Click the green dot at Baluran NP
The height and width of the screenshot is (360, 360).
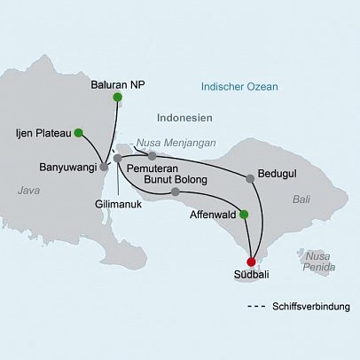pyautogui.click(x=117, y=98)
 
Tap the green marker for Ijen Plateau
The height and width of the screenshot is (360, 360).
pyautogui.click(x=78, y=133)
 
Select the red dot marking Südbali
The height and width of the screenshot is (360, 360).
pyautogui.click(x=252, y=262)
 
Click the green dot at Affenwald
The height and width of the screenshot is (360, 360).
pyautogui.click(x=245, y=214)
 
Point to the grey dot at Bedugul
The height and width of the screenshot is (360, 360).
pyautogui.click(x=250, y=179)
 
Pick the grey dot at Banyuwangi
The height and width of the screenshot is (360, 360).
pyautogui.click(x=104, y=166)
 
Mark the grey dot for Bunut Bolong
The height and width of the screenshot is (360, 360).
pyautogui.click(x=176, y=192)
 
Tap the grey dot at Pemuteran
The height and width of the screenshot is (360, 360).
pyautogui.click(x=153, y=156)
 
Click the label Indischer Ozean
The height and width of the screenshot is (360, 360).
pyautogui.click(x=239, y=87)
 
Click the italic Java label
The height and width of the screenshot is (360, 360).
pyautogui.click(x=29, y=190)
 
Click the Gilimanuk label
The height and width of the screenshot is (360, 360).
pyautogui.click(x=118, y=203)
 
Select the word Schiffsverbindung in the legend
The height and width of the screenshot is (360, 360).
pyautogui.click(x=311, y=306)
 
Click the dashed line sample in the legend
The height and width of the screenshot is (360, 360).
pyautogui.click(x=257, y=306)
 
